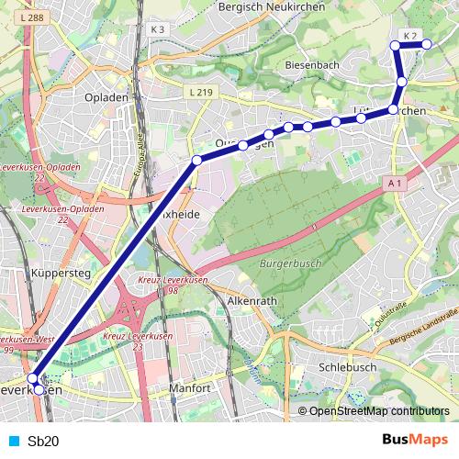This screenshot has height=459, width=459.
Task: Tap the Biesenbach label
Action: pos(312,66)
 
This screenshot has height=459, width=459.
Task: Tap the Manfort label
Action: pos(191,388)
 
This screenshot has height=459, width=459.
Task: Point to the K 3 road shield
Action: pos(157,29)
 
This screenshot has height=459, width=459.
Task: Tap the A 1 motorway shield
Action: pos(396,184)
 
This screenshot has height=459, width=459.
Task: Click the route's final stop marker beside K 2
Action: pos(427,44)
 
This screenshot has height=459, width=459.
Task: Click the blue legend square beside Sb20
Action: pos(11,441)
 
